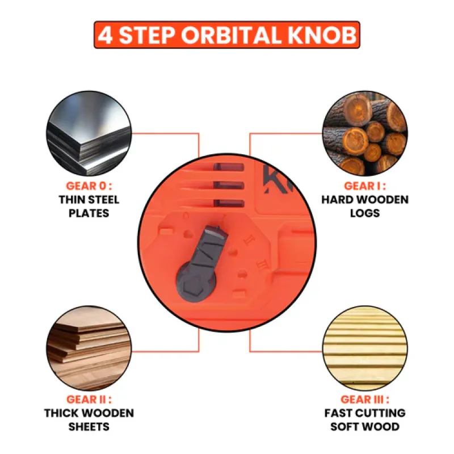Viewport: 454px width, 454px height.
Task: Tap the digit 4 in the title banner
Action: [x=105, y=35]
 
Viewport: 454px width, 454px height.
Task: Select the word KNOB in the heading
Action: [x=322, y=35]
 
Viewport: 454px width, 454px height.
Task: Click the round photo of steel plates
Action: [x=89, y=133]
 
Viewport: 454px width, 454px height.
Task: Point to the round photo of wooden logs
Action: [x=365, y=133]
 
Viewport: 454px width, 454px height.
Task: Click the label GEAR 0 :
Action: [x=89, y=186]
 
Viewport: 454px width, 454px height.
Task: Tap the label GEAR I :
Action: [x=365, y=186]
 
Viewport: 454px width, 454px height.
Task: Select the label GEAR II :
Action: [x=89, y=400]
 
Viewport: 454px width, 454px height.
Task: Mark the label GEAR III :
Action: [x=365, y=400]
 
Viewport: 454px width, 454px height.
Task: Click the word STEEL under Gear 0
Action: [x=104, y=200]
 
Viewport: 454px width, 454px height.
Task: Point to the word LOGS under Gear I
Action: [x=365, y=213]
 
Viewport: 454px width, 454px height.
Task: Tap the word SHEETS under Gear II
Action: [x=89, y=427]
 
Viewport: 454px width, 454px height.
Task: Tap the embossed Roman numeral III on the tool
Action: [x=262, y=264]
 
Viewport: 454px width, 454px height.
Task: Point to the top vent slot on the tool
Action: [x=229, y=167]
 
